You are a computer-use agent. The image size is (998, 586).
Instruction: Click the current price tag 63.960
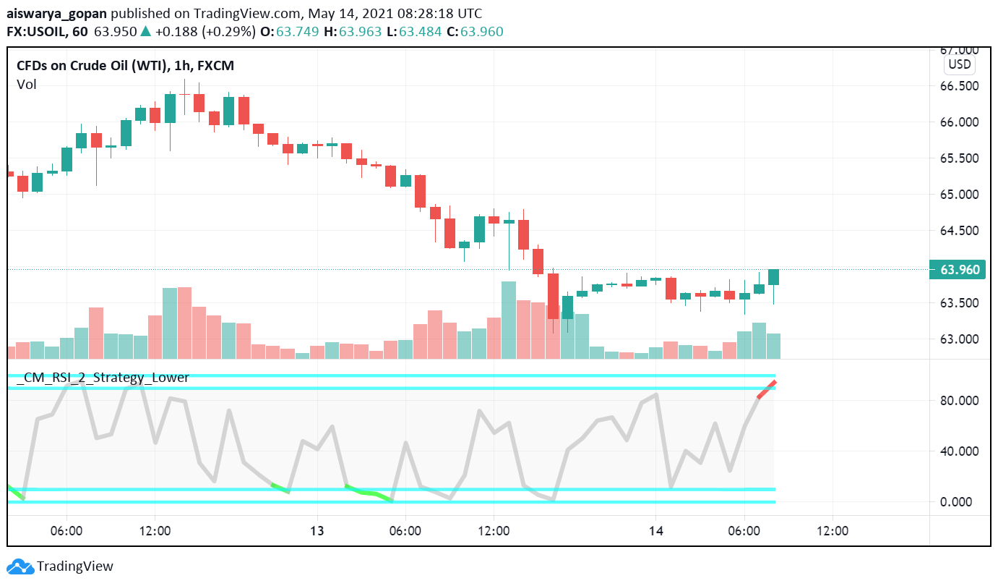pos(959,270)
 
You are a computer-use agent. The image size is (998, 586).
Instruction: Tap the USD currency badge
pos(959,64)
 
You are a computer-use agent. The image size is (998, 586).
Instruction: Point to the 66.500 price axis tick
pos(959,86)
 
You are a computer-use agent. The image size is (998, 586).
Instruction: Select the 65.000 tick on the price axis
pos(959,195)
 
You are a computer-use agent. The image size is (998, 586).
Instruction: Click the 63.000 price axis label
pos(959,339)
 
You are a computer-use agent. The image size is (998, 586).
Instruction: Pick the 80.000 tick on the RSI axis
pos(959,401)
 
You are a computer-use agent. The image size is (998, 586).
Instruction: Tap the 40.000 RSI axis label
pos(959,451)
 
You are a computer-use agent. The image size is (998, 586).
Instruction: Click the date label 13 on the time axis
pos(317,531)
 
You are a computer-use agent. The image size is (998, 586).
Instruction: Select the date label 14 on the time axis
pos(655,531)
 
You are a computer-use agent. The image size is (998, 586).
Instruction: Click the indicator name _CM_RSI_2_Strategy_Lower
pos(103,378)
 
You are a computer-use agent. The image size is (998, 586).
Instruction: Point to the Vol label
pos(27,85)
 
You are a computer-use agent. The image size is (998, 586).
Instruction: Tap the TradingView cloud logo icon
pos(20,566)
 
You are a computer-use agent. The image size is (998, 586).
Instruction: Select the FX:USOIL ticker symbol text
pos(37,32)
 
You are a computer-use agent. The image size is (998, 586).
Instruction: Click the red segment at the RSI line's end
pos(767,389)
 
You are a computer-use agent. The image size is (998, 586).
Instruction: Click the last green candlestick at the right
pos(773,276)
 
